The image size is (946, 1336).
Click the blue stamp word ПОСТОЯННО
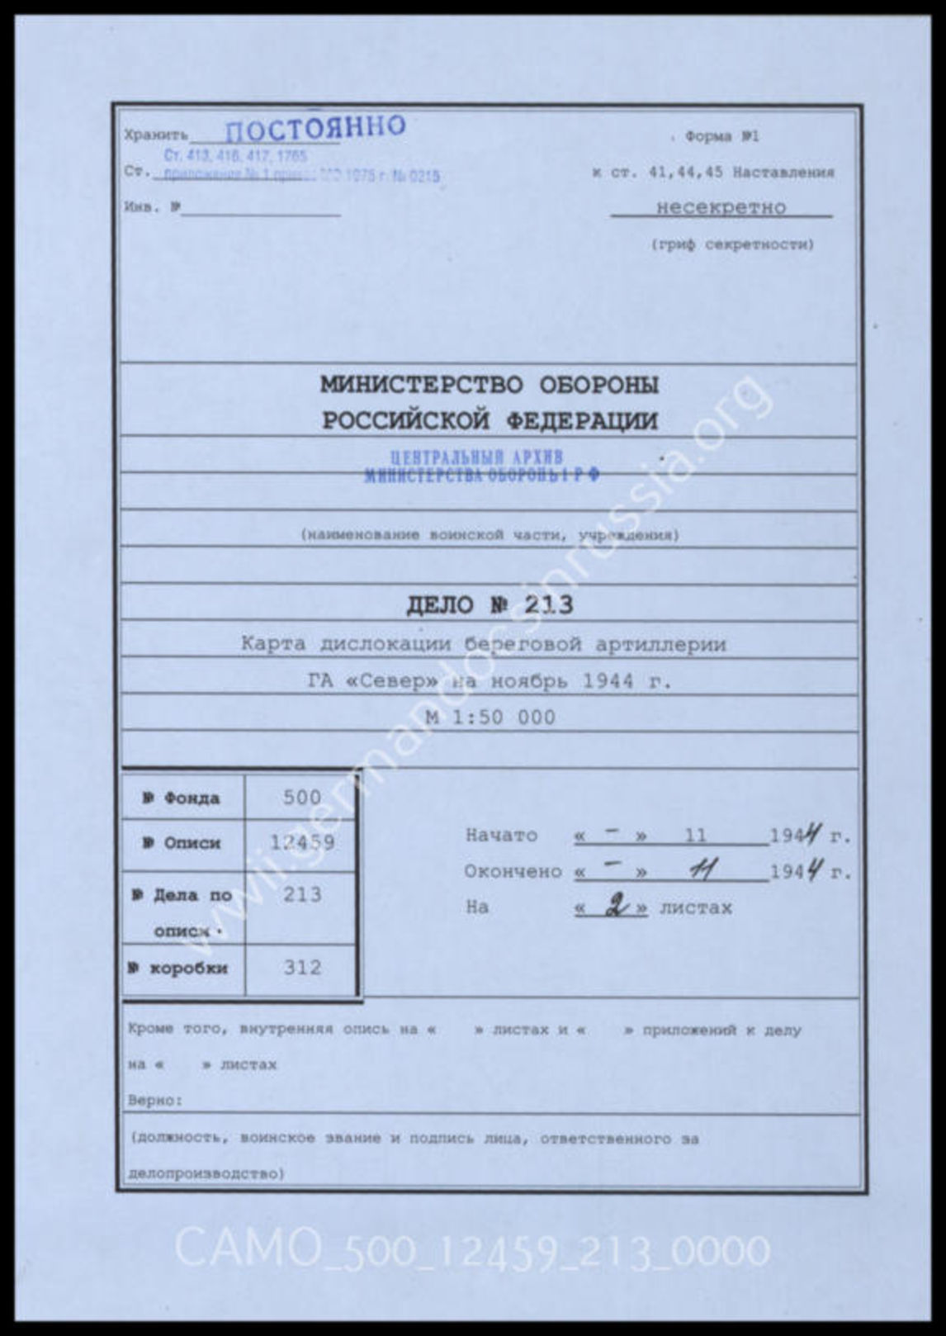[315, 128]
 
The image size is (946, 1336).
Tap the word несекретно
[721, 207]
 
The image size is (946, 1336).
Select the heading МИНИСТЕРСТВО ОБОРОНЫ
[489, 385]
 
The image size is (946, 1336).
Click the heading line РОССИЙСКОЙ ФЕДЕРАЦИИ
[489, 421]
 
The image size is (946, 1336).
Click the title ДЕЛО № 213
[489, 605]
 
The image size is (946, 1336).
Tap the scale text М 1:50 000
[490, 718]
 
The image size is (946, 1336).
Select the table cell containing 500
[301, 798]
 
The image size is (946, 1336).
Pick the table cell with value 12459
[301, 842]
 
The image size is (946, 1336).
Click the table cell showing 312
[301, 968]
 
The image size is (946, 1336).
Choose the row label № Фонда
[181, 798]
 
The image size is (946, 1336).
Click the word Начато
[501, 835]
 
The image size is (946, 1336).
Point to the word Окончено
[513, 871]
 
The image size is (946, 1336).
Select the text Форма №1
[721, 137]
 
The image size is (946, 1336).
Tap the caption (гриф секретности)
[731, 244]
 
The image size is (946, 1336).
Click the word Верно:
[155, 1101]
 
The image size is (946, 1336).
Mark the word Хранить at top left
[155, 135]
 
